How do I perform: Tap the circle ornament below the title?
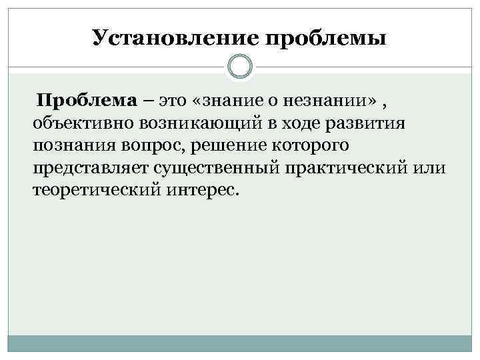pyautogui.click(x=240, y=67)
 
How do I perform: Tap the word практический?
pyautogui.click(x=351, y=168)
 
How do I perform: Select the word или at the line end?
pyautogui.click(x=431, y=168)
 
